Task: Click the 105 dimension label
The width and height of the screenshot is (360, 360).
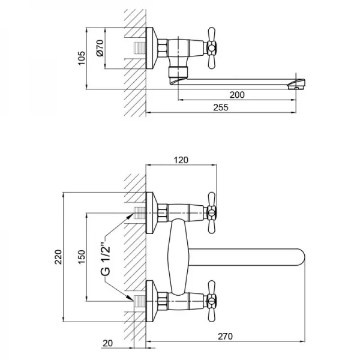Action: click(x=82, y=58)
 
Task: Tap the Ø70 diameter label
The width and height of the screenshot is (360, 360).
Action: click(x=100, y=48)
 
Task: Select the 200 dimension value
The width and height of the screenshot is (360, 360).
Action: click(x=237, y=95)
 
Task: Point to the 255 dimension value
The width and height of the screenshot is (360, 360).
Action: click(x=221, y=107)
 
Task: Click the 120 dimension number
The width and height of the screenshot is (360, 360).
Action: click(x=181, y=160)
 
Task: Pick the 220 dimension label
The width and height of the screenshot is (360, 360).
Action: click(x=58, y=257)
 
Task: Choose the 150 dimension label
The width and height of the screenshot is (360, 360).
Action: click(x=82, y=257)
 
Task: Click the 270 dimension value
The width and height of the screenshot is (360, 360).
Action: click(x=225, y=337)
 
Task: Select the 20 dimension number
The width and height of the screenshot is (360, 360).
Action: click(x=107, y=343)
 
